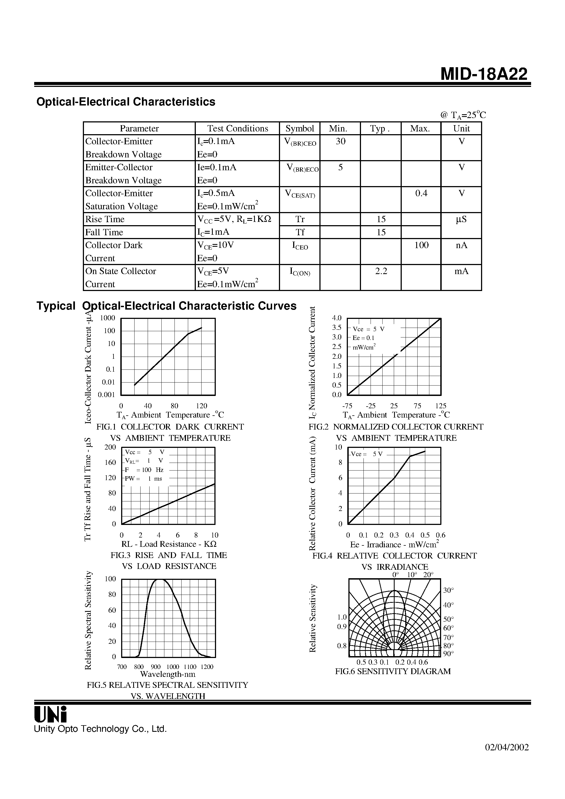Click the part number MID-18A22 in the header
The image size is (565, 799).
click(x=484, y=74)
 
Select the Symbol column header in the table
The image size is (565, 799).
click(x=299, y=128)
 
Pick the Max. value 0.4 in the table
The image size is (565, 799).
click(x=421, y=193)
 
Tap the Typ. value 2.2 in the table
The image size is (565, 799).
click(x=381, y=271)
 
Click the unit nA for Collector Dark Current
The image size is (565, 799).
click(x=461, y=245)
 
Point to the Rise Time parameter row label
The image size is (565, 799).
click(x=105, y=219)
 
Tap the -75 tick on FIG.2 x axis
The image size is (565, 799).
click(x=347, y=406)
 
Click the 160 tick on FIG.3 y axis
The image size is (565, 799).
click(x=110, y=463)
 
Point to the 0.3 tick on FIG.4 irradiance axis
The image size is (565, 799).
click(x=394, y=535)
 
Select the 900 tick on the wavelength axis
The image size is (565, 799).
click(x=156, y=667)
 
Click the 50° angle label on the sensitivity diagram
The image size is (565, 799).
click(x=448, y=619)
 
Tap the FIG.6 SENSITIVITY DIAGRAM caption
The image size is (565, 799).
click(x=393, y=671)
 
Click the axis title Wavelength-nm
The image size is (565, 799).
click(x=168, y=674)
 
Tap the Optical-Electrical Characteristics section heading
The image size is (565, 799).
click(x=126, y=102)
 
